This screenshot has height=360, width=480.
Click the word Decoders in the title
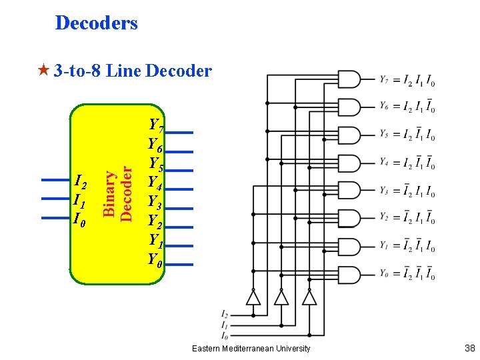coord(97,23)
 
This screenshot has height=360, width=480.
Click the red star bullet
coord(43,70)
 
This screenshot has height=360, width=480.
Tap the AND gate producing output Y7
coord(349,79)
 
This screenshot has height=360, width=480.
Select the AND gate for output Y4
coord(349,163)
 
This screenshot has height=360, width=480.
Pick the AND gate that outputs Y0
coord(349,275)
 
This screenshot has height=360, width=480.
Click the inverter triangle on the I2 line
coord(253,297)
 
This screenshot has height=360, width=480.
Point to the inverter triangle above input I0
coord(309,297)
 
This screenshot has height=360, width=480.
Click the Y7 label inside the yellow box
coord(157,125)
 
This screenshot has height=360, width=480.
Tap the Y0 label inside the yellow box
coord(155,260)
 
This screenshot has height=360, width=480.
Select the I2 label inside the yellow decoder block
coord(81,181)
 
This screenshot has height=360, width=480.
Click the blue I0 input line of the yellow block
coord(55,218)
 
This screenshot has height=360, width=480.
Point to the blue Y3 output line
coord(179,209)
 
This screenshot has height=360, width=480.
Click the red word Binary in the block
coord(109,193)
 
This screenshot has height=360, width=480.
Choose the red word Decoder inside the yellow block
coord(126,194)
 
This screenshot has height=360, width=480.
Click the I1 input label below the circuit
coord(225,325)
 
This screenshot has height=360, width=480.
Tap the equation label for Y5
coord(407,134)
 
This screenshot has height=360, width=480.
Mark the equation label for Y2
coord(407,217)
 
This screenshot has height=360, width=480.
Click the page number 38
coord(470,348)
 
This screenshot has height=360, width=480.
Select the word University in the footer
coord(293,349)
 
